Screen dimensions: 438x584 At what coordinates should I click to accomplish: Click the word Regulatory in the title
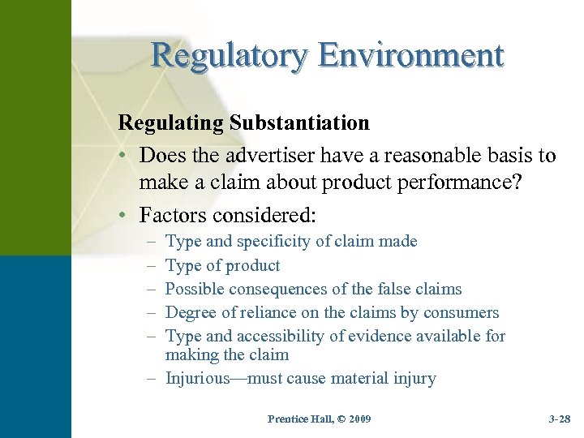[230, 55]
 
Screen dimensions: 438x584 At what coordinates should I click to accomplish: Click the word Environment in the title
[411, 55]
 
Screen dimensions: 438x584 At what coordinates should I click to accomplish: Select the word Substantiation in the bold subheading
[300, 123]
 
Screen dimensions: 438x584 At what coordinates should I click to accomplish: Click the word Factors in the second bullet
[170, 216]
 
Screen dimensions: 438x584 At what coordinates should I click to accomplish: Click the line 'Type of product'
[222, 265]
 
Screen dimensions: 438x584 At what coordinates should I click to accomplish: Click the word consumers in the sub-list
[466, 313]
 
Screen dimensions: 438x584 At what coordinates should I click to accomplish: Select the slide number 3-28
[559, 419]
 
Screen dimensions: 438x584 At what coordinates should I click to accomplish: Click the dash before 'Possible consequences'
[147, 290]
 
